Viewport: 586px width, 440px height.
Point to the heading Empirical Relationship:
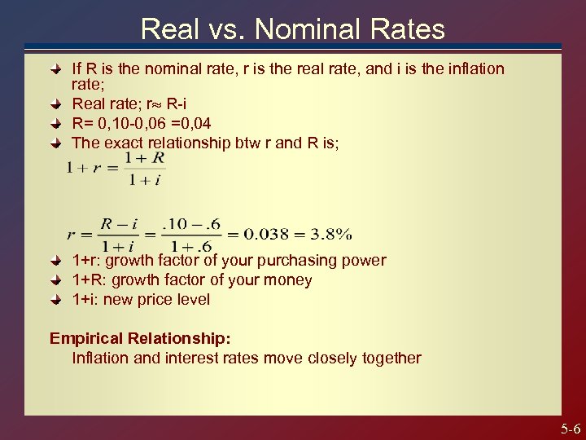140,337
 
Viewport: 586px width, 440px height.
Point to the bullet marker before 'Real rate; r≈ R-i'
56,104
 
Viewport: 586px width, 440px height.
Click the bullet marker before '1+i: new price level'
56,300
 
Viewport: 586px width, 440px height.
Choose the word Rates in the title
409,29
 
